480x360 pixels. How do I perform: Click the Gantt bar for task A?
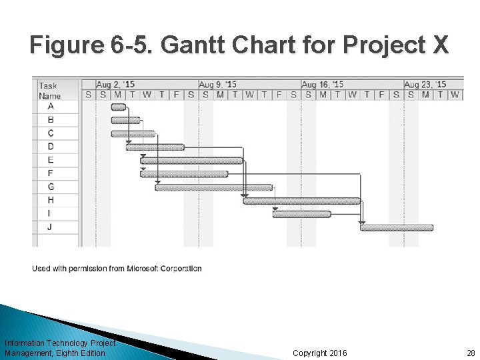tap(118, 107)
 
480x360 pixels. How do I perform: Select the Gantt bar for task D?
tap(155, 147)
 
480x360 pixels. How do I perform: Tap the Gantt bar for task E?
tap(191, 161)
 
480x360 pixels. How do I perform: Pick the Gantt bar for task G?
tap(213, 187)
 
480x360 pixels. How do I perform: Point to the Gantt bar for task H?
tap(301, 201)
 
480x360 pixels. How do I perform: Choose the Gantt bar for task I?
tap(301, 214)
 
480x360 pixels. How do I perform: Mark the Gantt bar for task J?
tap(397, 227)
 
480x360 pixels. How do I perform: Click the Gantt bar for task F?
tap(184, 174)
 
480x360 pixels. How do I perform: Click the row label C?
tap(51, 133)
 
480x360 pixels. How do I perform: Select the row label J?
tap(51, 227)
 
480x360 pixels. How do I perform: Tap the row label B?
tap(51, 120)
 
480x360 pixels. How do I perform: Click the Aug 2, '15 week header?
tap(115, 85)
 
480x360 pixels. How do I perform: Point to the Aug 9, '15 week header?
tap(217, 85)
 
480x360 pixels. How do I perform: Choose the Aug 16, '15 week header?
tap(322, 85)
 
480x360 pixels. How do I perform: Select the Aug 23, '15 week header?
tap(425, 85)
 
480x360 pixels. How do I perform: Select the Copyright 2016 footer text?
tap(320, 353)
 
